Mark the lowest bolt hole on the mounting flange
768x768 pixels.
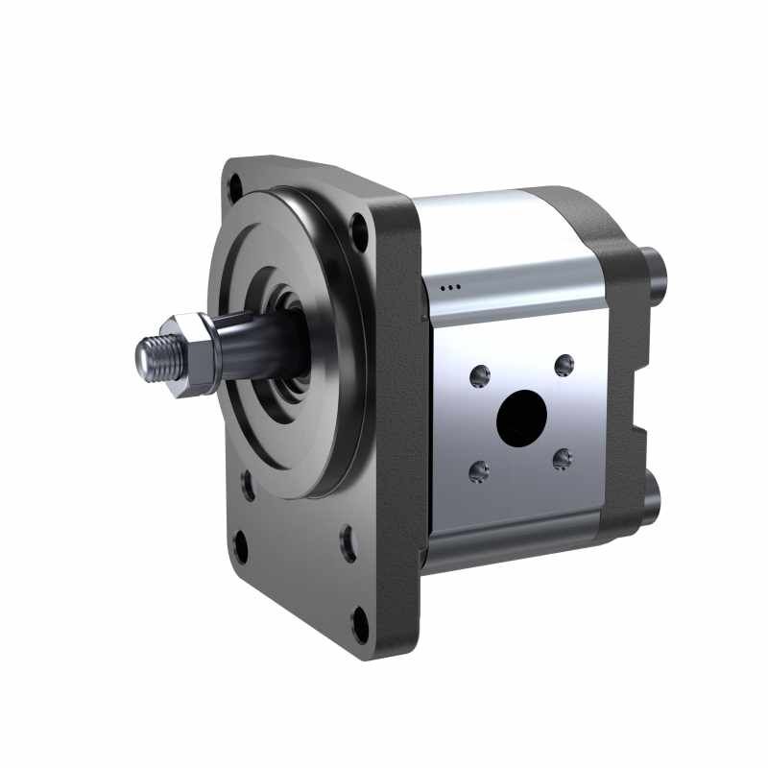(360, 625)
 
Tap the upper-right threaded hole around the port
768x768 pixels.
(564, 364)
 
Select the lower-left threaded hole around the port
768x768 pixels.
(477, 470)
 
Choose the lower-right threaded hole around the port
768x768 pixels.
(563, 458)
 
